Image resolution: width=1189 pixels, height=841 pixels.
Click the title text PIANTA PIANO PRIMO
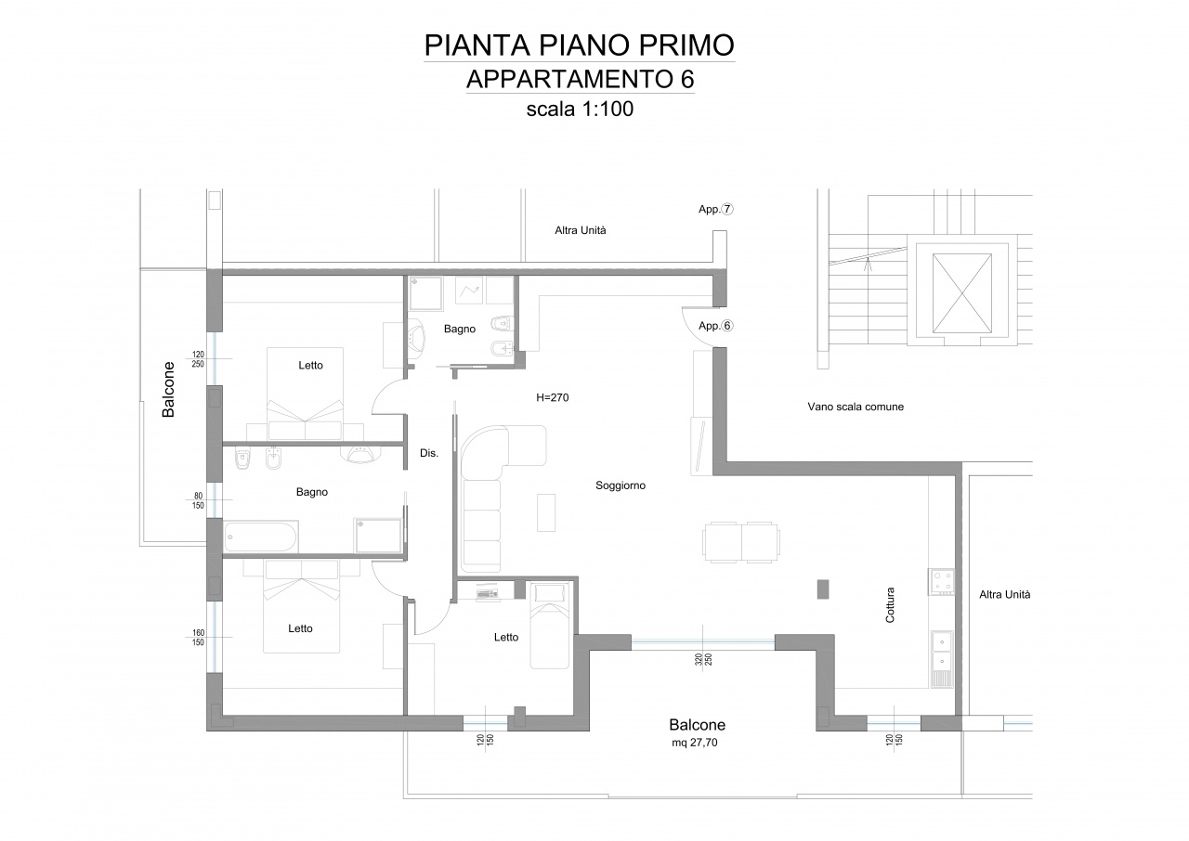(x=579, y=45)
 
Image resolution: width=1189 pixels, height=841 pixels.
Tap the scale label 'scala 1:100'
(x=580, y=110)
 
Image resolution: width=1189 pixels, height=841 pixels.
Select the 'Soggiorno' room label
(x=621, y=485)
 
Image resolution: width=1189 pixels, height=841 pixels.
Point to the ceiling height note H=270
(x=552, y=397)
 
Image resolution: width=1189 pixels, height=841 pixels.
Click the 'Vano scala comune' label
(x=856, y=407)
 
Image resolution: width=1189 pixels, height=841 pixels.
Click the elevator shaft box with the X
(x=961, y=293)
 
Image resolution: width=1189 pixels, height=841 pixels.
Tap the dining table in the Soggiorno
(x=741, y=542)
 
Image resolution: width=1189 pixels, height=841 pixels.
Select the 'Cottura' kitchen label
(x=890, y=605)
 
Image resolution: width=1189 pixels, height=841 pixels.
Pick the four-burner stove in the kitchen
(x=941, y=582)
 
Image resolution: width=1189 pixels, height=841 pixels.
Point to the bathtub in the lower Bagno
(x=261, y=537)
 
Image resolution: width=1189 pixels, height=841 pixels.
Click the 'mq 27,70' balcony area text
(x=694, y=743)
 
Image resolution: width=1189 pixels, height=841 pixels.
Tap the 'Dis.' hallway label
(x=429, y=453)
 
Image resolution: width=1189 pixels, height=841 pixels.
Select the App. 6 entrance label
(x=715, y=326)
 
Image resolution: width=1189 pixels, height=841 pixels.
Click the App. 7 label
(x=715, y=210)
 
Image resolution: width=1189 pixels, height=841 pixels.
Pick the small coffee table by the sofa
(x=546, y=512)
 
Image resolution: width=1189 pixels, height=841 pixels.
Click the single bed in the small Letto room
(x=549, y=626)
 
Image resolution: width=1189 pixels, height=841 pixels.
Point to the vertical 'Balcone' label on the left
(x=168, y=390)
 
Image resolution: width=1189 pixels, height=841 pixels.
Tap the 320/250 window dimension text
(x=703, y=660)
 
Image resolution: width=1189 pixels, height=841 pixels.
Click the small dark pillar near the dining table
(x=823, y=589)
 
